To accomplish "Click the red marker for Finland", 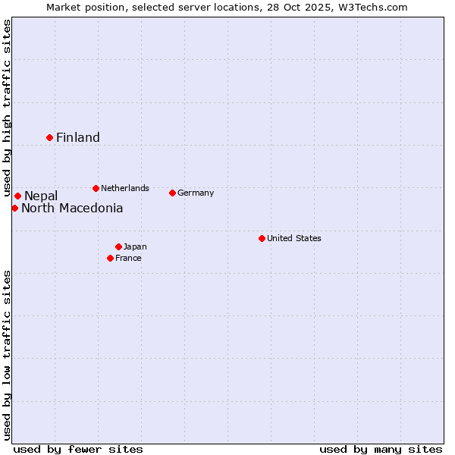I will (x=50, y=137).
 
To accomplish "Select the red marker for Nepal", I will (x=17, y=196).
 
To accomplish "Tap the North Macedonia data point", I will (x=14, y=208).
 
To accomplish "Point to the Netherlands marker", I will (x=96, y=188).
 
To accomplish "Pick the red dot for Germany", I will (x=172, y=193).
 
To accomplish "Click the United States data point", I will (x=262, y=238).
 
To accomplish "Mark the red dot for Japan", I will (x=118, y=246).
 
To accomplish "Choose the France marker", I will (x=111, y=258).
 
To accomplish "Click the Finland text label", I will (x=78, y=137).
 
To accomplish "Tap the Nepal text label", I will (x=41, y=196).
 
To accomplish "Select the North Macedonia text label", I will (x=72, y=209).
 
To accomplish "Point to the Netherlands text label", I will (x=125, y=188).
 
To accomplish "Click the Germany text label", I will (x=196, y=193).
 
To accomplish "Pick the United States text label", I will (x=294, y=238).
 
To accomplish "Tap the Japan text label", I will (x=135, y=246).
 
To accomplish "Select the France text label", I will (x=128, y=258).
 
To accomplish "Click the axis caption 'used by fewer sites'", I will (x=78, y=449).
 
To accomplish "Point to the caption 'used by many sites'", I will (x=381, y=449).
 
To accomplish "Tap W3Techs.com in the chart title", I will (x=373, y=7).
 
